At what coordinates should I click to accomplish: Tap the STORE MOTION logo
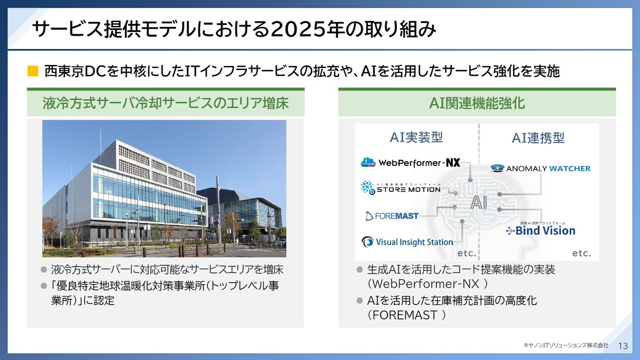(x=401, y=187)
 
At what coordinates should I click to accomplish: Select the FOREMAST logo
(x=392, y=215)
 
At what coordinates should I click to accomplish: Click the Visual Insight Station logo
(x=407, y=242)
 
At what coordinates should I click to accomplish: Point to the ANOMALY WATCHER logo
(x=540, y=169)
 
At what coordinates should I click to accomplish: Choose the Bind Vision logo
(x=541, y=230)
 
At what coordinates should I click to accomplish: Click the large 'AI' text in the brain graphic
(x=478, y=203)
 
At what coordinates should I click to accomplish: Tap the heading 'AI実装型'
(x=417, y=138)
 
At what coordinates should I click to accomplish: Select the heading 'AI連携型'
(x=538, y=138)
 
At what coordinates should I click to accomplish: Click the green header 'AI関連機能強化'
(x=477, y=103)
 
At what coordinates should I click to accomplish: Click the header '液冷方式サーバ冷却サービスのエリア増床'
(x=165, y=103)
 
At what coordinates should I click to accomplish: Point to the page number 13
(x=622, y=346)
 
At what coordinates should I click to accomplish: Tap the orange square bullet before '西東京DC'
(x=33, y=71)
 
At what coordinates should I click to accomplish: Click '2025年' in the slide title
(x=299, y=30)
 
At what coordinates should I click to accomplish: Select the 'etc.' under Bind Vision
(x=582, y=253)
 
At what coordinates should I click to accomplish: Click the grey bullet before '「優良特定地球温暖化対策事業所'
(x=44, y=286)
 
